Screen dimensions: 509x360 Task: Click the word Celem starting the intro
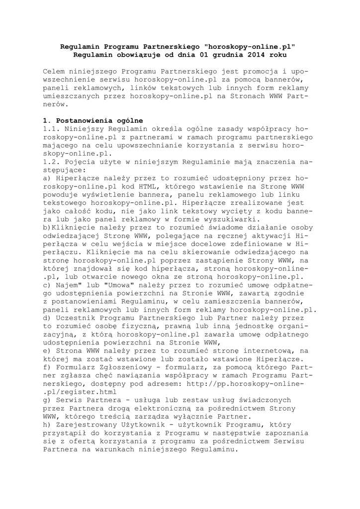pos(53,72)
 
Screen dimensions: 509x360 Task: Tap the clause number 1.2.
pos(51,162)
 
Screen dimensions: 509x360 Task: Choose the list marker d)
pos(47,317)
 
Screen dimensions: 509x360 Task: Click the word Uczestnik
pos(75,317)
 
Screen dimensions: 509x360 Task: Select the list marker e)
pos(47,350)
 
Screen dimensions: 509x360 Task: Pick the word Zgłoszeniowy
pos(114,366)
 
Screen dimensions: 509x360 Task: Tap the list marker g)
pos(47,399)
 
